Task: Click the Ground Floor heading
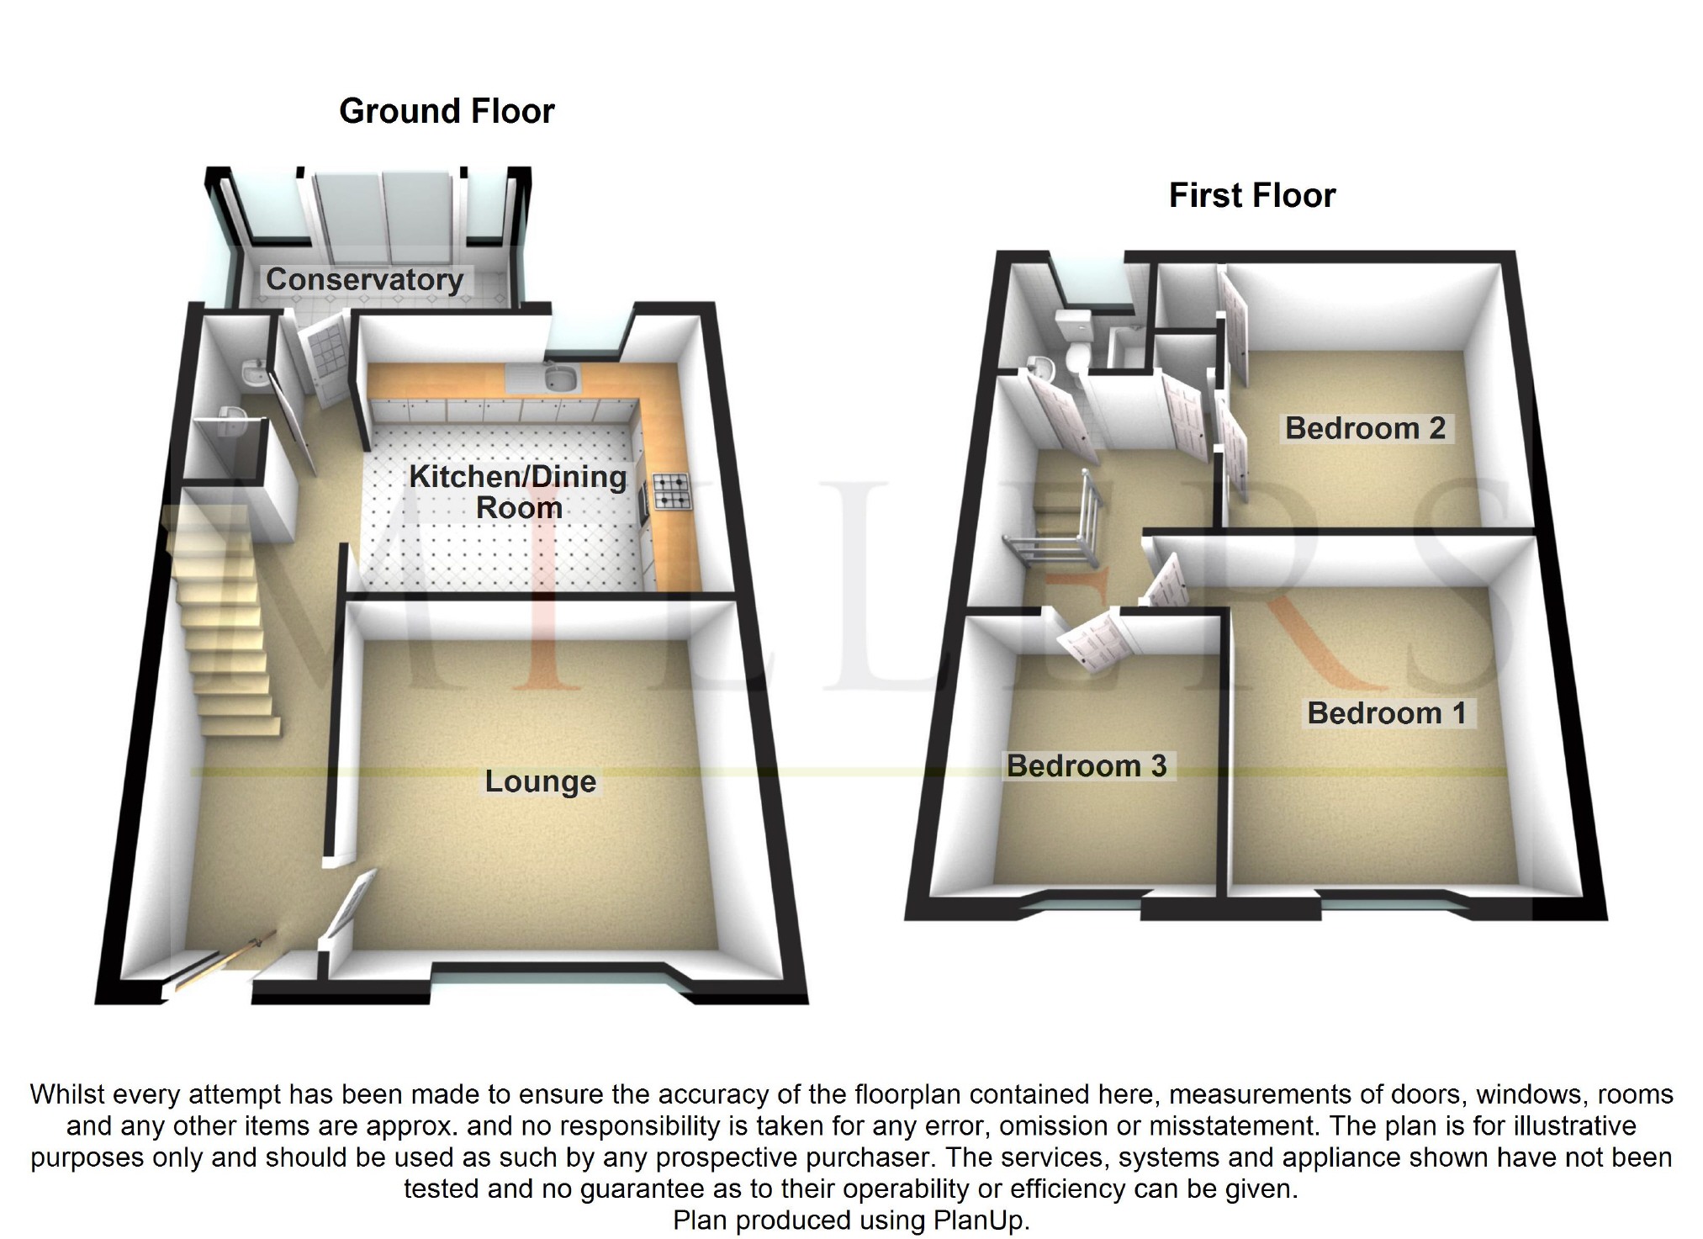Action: [447, 111]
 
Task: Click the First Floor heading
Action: [1251, 195]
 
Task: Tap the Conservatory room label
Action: [364, 279]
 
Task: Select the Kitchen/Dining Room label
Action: [518, 492]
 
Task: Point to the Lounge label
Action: [540, 781]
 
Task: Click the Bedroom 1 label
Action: [1387, 713]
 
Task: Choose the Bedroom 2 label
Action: [1365, 428]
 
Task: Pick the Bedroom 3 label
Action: [1087, 765]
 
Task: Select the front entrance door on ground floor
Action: [220, 967]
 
